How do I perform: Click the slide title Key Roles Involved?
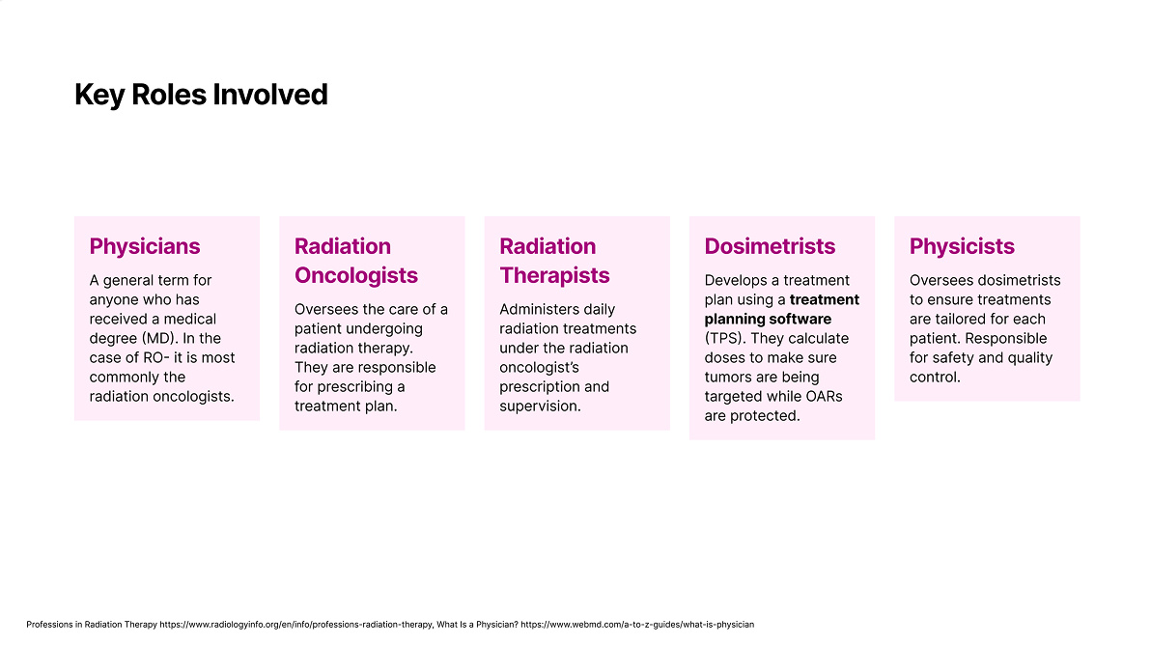pyautogui.click(x=201, y=95)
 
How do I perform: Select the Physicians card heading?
pyautogui.click(x=145, y=246)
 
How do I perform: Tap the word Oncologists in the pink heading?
pyautogui.click(x=356, y=275)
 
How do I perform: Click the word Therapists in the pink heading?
pyautogui.click(x=554, y=275)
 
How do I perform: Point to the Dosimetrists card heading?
pyautogui.click(x=770, y=246)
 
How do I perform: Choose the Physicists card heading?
pyautogui.click(x=962, y=246)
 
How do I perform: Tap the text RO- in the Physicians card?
pyautogui.click(x=155, y=357)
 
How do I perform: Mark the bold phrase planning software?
pyautogui.click(x=768, y=320)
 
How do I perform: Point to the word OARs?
pyautogui.click(x=824, y=396)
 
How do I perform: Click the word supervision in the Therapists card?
pyautogui.click(x=540, y=406)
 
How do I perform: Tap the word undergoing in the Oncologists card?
pyautogui.click(x=381, y=328)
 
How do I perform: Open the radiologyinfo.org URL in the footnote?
pyautogui.click(x=295, y=625)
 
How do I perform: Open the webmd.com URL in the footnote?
pyautogui.click(x=637, y=625)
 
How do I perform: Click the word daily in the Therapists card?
pyautogui.click(x=601, y=310)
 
